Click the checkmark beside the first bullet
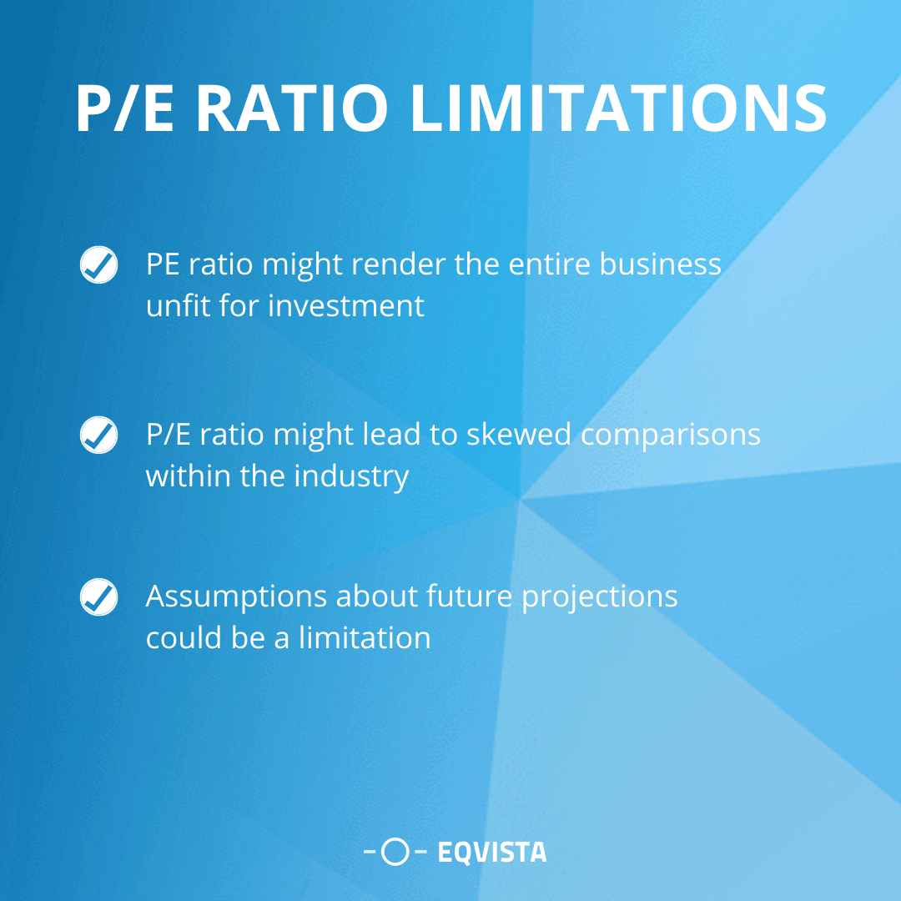coord(98,264)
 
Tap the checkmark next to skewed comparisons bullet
coord(98,435)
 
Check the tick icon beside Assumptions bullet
coord(98,597)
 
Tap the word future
coord(470,597)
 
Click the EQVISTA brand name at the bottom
coord(491,852)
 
